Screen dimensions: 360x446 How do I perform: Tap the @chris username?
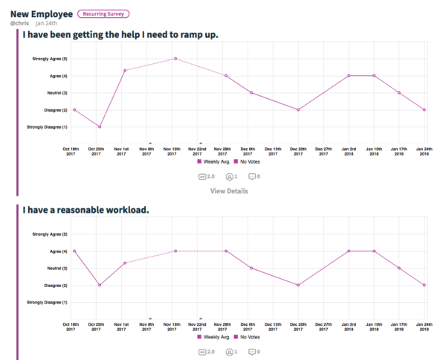click(x=19, y=24)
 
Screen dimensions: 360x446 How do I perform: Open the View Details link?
click(x=229, y=191)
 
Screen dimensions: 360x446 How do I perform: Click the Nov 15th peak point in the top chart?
click(x=175, y=59)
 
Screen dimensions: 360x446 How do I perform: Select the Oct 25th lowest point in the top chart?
click(x=100, y=126)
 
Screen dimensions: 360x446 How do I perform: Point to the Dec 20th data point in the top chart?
click(x=299, y=109)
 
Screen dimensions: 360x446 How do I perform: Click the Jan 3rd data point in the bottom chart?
click(x=349, y=251)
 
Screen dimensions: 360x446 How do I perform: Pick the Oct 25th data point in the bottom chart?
click(x=100, y=285)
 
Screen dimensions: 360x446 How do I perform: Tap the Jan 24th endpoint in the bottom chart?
click(x=424, y=285)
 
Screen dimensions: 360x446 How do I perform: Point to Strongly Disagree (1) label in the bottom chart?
click(x=47, y=302)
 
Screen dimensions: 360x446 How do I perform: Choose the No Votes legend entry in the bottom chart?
click(x=247, y=337)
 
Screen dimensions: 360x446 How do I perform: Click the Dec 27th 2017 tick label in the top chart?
click(x=324, y=152)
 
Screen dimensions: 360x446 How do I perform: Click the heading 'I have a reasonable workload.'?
click(x=85, y=210)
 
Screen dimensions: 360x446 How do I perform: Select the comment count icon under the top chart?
click(x=253, y=176)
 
